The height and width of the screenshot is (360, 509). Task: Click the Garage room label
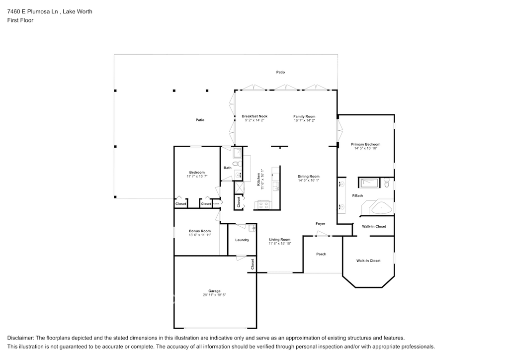(x=214, y=291)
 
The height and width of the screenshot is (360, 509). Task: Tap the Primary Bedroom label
(x=365, y=144)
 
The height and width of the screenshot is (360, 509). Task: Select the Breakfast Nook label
(x=254, y=116)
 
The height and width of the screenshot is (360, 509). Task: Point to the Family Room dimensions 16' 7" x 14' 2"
(x=304, y=120)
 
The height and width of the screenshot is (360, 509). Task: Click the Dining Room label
(x=308, y=177)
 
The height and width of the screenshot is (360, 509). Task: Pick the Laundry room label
(x=242, y=240)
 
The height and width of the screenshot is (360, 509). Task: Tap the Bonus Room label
(x=200, y=231)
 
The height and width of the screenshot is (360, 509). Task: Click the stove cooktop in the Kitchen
(x=263, y=205)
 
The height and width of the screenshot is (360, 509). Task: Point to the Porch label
(x=321, y=254)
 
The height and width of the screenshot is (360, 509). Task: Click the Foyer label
(x=321, y=224)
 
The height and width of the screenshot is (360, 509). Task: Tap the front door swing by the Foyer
(x=322, y=234)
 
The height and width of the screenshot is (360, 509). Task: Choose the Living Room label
(x=280, y=240)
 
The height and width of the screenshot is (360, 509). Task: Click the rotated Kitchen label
(x=258, y=179)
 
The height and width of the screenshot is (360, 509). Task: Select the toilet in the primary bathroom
(x=387, y=183)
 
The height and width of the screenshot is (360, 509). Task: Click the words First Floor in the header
(x=20, y=20)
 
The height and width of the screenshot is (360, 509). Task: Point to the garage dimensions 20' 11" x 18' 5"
(x=214, y=295)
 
